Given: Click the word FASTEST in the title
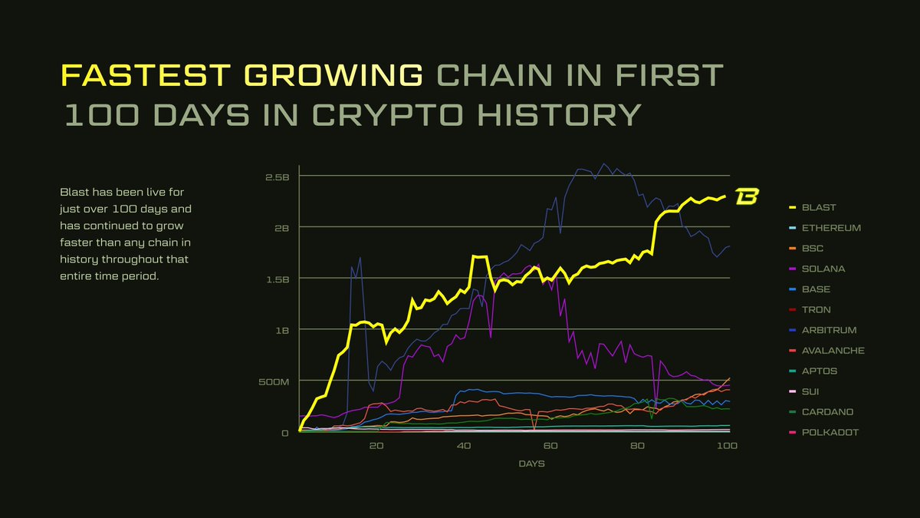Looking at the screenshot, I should tap(144, 75).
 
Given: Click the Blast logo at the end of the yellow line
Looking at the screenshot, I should tap(746, 196).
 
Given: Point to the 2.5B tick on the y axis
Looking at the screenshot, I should tap(276, 177).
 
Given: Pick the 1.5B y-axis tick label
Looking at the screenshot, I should tap(276, 279).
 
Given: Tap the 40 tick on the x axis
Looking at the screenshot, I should tap(463, 446).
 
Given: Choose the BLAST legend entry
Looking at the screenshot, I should tap(819, 207).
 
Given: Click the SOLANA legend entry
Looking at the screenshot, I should tap(823, 269).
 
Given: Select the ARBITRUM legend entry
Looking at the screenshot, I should tap(829, 330).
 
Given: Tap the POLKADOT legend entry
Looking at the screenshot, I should tap(830, 432).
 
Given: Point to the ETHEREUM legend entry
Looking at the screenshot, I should tap(831, 228).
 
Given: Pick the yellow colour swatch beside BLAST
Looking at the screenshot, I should tap(792, 207).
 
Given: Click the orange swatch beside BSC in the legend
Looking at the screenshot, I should tap(792, 249).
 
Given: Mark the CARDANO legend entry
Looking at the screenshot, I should tap(827, 412).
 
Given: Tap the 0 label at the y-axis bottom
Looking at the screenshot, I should tap(284, 433).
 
